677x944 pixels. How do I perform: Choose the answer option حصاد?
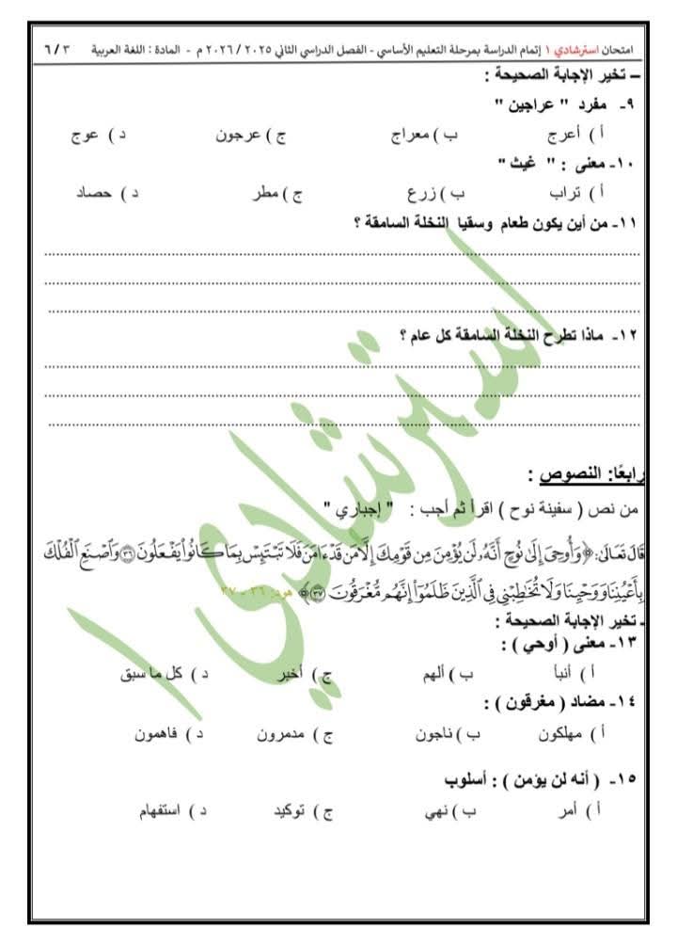pos(94,195)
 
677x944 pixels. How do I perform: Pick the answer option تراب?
pos(573,195)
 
